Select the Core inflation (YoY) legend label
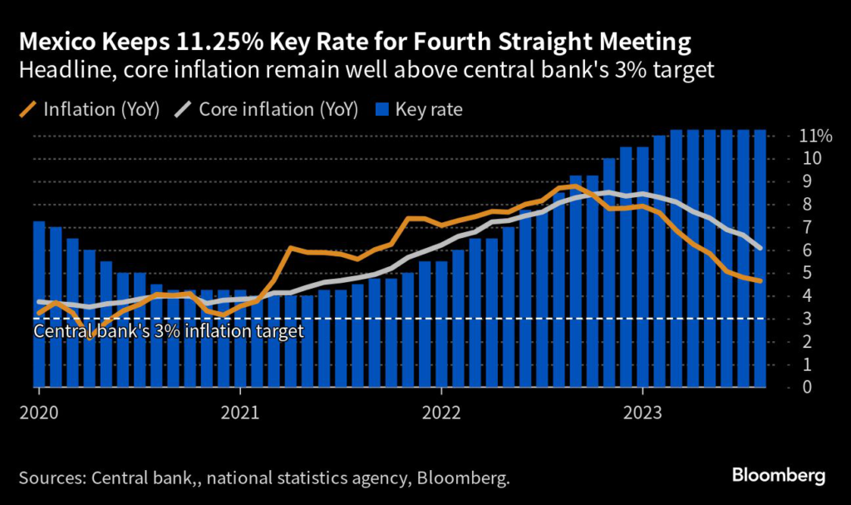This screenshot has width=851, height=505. [279, 110]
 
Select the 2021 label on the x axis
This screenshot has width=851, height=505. [239, 411]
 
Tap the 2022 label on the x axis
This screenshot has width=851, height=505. [441, 411]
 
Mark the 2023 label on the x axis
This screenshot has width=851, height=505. [643, 411]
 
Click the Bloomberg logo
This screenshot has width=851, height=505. [779, 476]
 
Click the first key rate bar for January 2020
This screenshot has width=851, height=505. [38, 304]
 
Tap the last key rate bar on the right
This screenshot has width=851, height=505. [760, 258]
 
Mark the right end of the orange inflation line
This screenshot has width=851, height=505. [760, 281]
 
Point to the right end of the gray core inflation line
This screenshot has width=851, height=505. [760, 247]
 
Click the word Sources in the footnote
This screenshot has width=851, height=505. [49, 478]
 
